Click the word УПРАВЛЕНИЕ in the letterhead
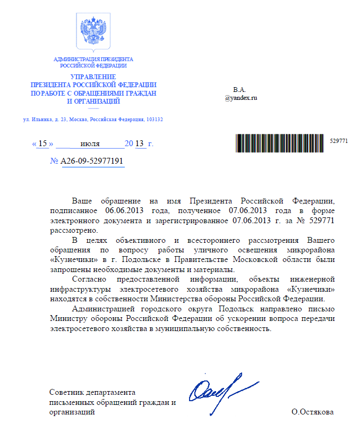(93, 77)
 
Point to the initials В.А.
(240, 89)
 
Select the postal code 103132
(154, 119)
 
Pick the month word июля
(90, 143)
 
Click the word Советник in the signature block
(65, 392)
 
